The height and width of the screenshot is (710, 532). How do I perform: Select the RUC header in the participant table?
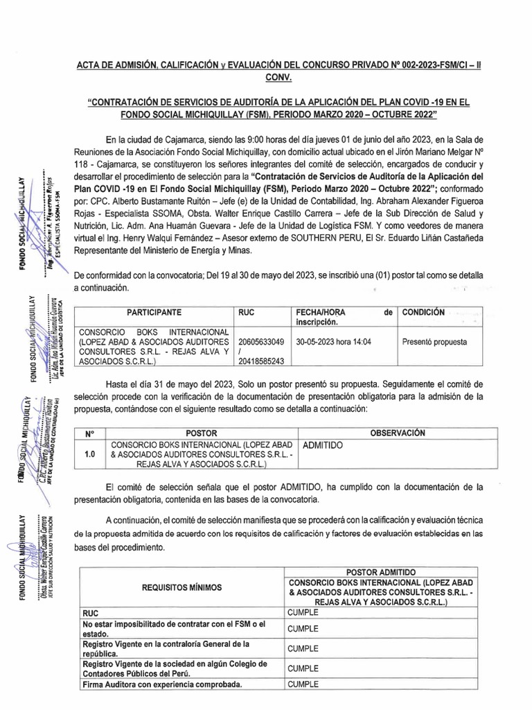coord(247,313)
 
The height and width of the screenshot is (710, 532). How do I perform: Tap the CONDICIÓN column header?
coord(425,313)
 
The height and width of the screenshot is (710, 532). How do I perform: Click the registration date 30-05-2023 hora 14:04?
coord(333,342)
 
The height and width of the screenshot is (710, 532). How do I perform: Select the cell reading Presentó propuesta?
coord(434,342)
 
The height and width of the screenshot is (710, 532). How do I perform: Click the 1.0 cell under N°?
coord(89,455)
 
